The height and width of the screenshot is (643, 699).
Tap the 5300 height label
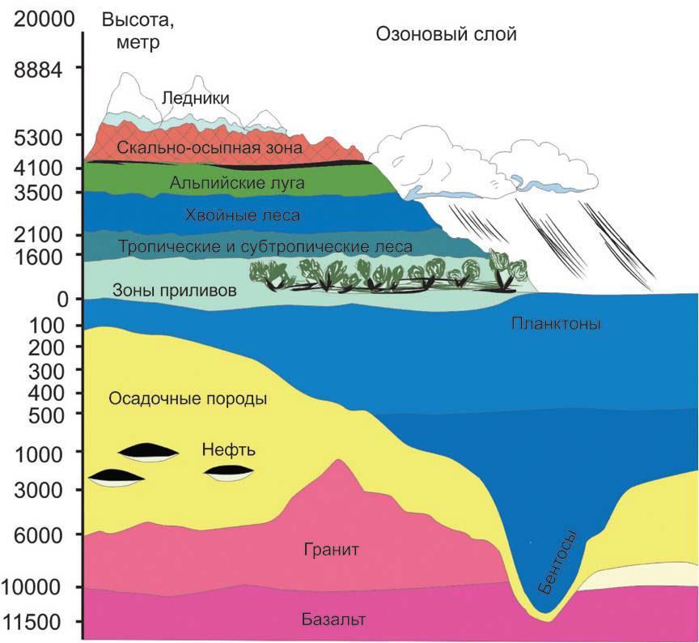click(38, 137)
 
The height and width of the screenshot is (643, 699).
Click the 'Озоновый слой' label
click(446, 35)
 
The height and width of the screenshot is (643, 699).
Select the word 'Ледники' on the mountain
click(196, 98)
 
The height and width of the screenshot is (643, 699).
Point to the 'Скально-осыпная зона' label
click(209, 148)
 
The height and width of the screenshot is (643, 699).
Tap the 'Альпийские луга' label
click(237, 183)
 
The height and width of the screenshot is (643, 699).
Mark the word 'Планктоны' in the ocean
click(555, 324)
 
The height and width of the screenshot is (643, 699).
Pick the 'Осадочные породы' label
click(188, 398)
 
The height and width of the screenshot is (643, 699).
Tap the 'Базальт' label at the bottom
click(333, 620)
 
